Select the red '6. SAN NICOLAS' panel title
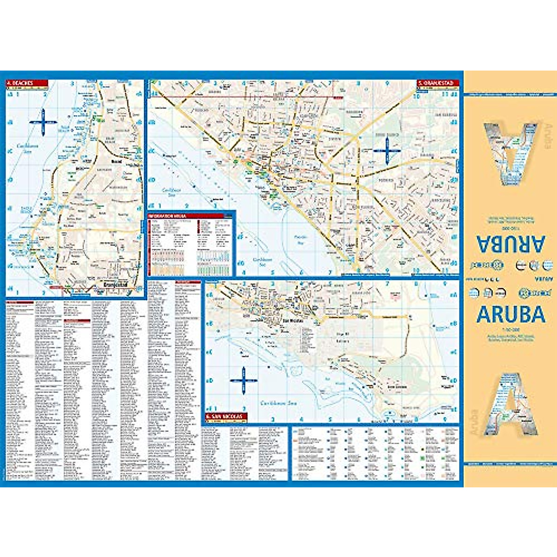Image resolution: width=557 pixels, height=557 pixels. (x=226, y=416)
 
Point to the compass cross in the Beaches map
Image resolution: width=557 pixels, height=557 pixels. (x=43, y=123)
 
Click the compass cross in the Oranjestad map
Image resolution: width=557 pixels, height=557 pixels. (x=387, y=150)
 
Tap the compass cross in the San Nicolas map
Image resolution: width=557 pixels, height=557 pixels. (x=244, y=380)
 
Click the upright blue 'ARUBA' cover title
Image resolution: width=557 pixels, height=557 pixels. (x=511, y=314)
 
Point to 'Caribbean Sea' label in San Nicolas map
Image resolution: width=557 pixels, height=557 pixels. (x=278, y=403)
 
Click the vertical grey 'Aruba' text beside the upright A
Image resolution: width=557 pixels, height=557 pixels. (x=474, y=421)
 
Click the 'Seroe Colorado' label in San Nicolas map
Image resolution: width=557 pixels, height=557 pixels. (x=397, y=387)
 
